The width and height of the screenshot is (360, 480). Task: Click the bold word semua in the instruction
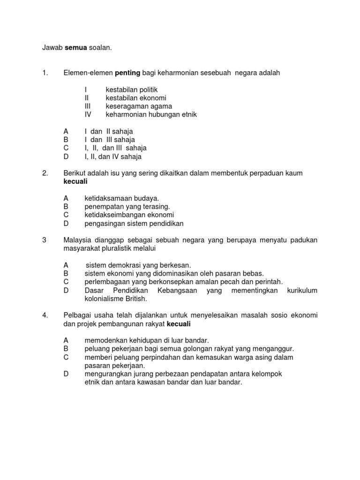point(68,47)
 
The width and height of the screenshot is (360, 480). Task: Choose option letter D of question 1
point(66,157)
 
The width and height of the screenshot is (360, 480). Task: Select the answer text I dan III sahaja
point(110,140)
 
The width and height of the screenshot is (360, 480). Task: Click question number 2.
point(45,173)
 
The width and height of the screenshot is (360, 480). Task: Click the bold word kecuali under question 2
point(75,182)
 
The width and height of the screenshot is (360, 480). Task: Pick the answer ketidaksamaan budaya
point(122,199)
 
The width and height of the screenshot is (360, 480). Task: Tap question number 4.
point(45,316)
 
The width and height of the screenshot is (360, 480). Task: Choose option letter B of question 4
point(66,349)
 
